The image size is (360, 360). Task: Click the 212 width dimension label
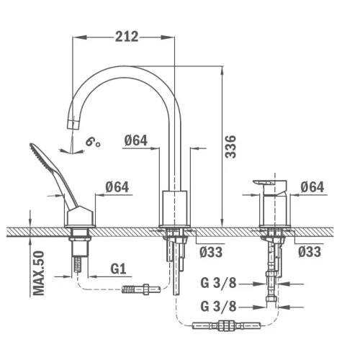(127, 37)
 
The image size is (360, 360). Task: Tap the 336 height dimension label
(230, 147)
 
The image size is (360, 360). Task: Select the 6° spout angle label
(93, 142)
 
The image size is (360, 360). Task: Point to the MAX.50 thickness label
(39, 273)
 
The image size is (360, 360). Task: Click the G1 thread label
(118, 269)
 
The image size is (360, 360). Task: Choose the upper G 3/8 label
(218, 283)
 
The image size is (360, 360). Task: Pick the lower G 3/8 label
(218, 306)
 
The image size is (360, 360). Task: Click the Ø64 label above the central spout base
(136, 140)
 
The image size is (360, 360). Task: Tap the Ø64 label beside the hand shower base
(117, 186)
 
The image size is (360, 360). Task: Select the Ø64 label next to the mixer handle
(312, 186)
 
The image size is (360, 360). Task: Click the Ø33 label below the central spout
(211, 252)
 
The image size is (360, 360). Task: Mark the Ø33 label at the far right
(310, 252)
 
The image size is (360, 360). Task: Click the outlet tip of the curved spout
(72, 125)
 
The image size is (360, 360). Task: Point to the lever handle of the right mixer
(269, 184)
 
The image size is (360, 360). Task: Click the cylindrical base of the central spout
(175, 208)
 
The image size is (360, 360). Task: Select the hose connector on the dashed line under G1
(141, 289)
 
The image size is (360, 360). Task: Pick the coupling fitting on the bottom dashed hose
(226, 325)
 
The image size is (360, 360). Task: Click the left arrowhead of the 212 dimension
(79, 37)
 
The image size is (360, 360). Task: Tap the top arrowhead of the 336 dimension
(222, 73)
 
